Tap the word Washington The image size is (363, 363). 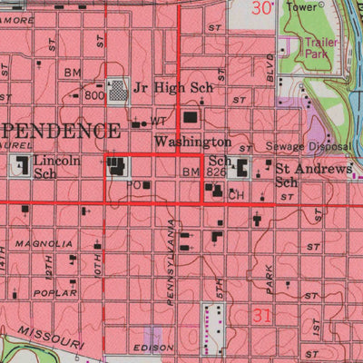click(191, 142)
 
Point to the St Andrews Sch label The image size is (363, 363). click(312, 174)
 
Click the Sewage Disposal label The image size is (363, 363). click(308, 146)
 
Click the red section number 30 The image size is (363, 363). click(262, 9)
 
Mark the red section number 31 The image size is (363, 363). click(263, 315)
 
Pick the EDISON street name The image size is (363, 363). click(151, 348)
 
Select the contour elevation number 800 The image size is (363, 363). click(95, 94)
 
